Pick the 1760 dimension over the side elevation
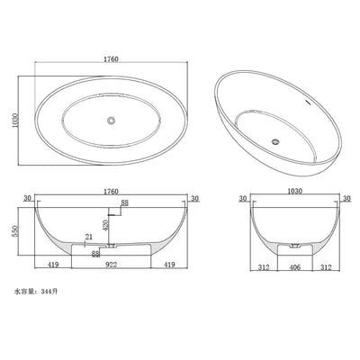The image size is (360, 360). [112, 191]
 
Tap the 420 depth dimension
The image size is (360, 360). [106, 222]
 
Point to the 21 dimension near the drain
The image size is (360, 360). [87, 237]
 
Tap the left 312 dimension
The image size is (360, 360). [263, 266]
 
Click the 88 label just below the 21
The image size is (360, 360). [95, 253]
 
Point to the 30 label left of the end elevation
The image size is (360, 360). [244, 198]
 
